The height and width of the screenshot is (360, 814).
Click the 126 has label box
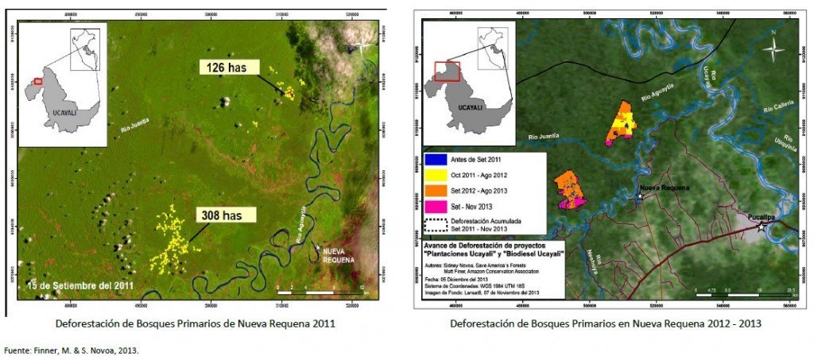230,68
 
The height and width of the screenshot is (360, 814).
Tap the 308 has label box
227,214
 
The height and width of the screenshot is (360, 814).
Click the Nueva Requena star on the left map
319,248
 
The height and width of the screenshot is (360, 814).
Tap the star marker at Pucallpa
762,227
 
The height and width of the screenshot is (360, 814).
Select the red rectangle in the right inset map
446,71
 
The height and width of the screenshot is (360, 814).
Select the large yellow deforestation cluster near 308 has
173,238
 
